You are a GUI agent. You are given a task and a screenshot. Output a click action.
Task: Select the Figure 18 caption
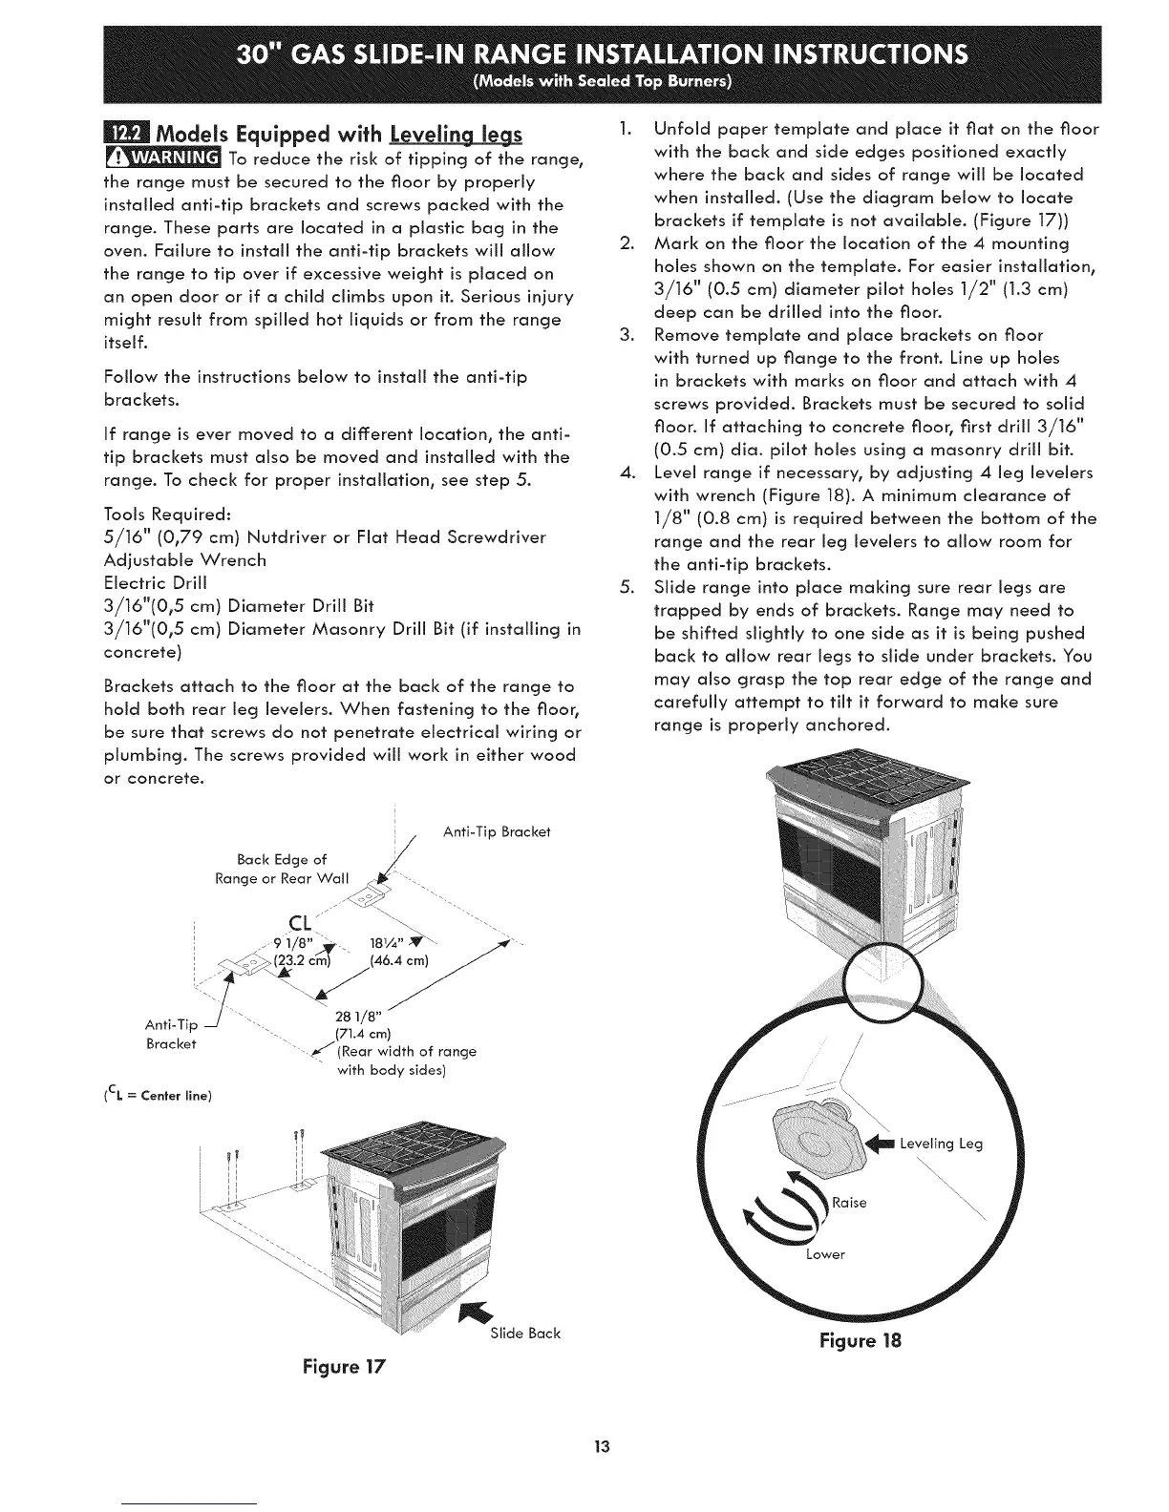860,1339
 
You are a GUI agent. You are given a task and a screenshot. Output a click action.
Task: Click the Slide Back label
524,1333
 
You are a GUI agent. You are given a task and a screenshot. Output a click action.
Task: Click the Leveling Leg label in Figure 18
941,1144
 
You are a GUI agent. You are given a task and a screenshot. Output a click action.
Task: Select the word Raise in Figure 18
849,1202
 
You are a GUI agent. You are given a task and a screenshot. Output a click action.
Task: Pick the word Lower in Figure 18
825,1253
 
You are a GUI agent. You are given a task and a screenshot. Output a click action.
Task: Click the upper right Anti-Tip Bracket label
497,831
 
